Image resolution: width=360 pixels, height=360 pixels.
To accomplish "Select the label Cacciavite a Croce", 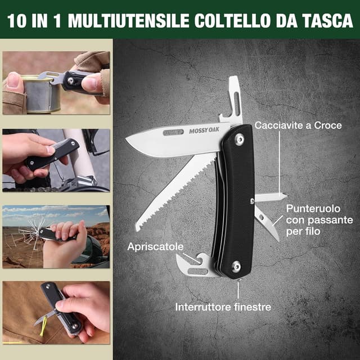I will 298,125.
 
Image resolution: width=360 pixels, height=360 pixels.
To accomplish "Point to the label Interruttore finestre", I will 223,307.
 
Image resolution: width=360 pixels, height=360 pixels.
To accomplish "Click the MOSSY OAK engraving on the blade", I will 204,131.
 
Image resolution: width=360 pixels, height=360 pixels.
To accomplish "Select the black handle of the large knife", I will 234,202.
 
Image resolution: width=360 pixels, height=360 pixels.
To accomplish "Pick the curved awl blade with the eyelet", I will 267,223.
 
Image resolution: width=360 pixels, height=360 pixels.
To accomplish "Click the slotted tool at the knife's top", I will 233,101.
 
